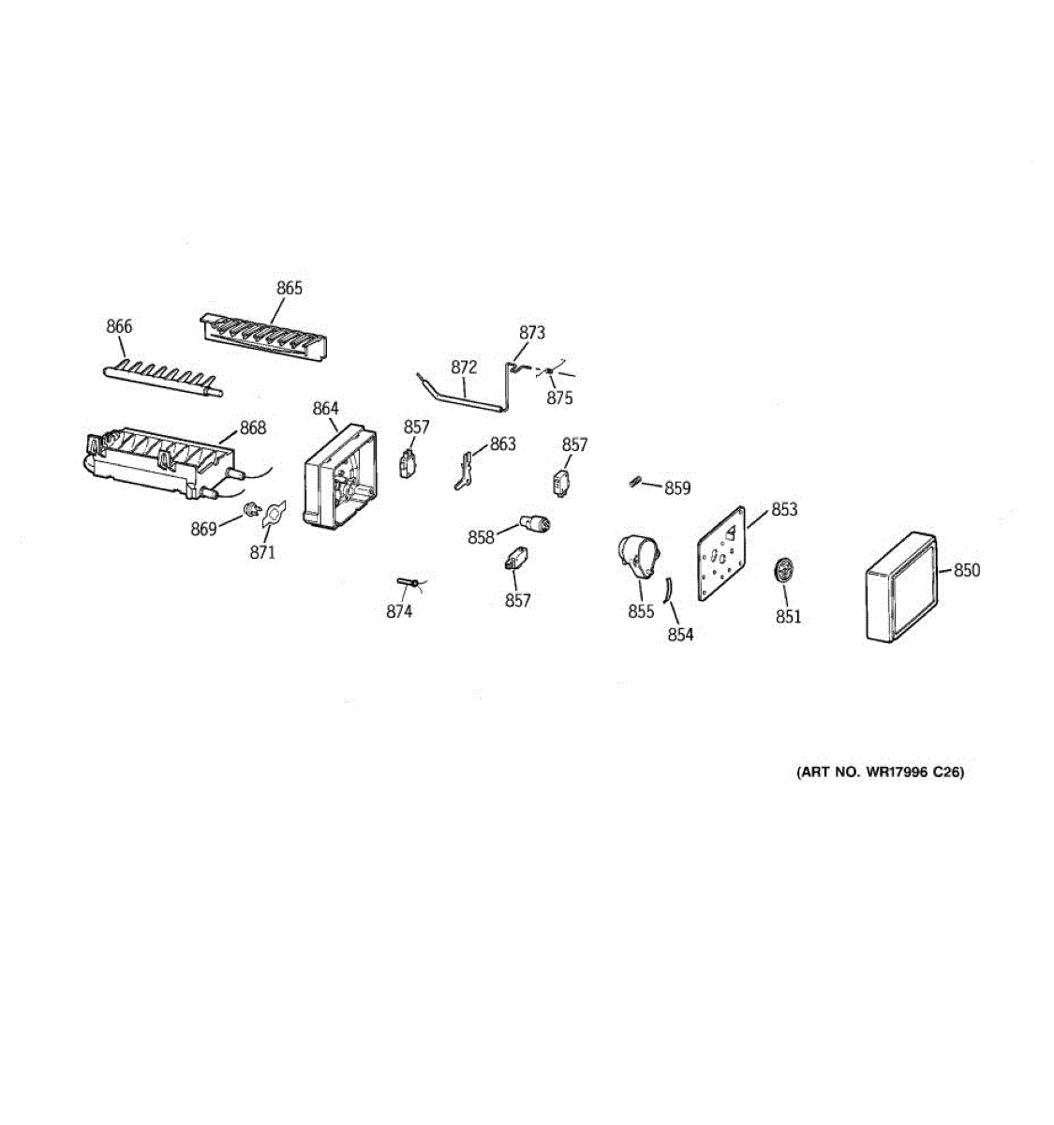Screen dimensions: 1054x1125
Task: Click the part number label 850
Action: (x=967, y=570)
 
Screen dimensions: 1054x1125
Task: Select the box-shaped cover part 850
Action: (x=899, y=588)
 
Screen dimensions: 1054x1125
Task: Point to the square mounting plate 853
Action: (x=722, y=554)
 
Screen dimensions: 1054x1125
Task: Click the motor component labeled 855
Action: (x=636, y=557)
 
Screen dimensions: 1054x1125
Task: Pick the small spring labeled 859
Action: (x=634, y=482)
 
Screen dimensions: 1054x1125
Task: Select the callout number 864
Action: (x=325, y=409)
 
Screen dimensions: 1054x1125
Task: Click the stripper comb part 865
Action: (x=264, y=334)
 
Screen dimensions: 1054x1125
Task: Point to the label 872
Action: (x=464, y=367)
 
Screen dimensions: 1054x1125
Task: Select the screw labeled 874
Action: (x=405, y=583)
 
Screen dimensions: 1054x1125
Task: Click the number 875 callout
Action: (x=559, y=397)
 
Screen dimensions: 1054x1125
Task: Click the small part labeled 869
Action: (x=250, y=509)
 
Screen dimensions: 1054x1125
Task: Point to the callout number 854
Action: (x=680, y=635)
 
